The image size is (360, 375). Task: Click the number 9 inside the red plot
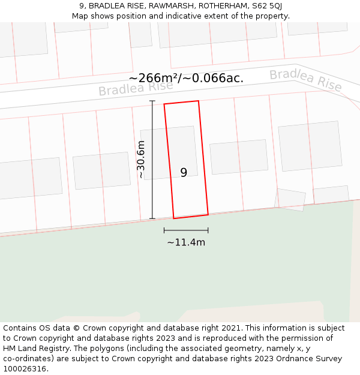click(x=184, y=173)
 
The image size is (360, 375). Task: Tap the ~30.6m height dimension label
click(x=141, y=160)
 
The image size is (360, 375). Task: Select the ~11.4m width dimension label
click(x=186, y=242)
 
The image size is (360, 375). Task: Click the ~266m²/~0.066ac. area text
click(x=186, y=79)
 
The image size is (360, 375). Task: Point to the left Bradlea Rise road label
click(x=136, y=88)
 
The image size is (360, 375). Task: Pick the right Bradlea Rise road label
click(x=305, y=80)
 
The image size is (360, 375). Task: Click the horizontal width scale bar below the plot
click(x=186, y=230)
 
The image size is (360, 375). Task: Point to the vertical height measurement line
click(x=152, y=160)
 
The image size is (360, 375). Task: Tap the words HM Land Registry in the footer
click(x=32, y=349)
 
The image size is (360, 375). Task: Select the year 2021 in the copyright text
click(x=231, y=328)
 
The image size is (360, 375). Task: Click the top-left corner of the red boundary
click(x=164, y=104)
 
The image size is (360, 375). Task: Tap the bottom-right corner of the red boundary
click(x=208, y=214)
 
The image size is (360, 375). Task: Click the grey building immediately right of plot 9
click(x=239, y=157)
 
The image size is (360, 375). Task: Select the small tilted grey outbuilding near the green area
click(x=290, y=199)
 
